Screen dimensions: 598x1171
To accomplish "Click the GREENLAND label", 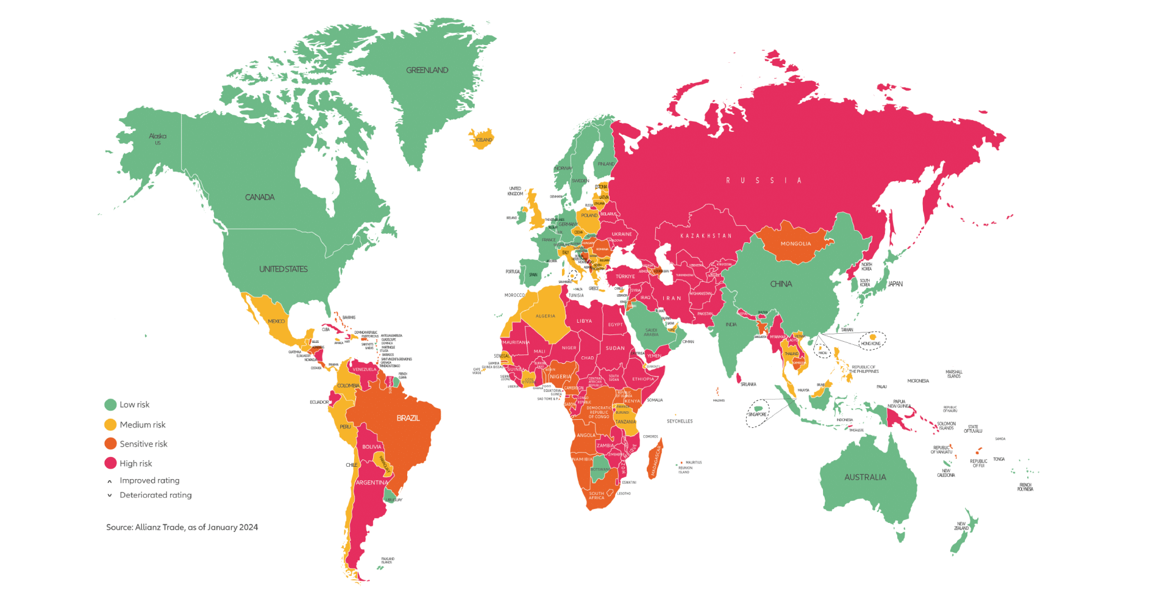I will pos(427,70).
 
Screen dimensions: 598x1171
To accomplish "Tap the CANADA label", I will pos(260,197).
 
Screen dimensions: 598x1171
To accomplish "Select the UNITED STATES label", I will pos(283,269).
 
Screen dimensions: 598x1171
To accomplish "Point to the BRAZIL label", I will pos(408,418).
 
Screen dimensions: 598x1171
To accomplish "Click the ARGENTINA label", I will pos(372,483).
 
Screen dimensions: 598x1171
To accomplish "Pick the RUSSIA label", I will pos(764,181).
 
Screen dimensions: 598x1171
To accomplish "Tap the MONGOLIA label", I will pos(795,243).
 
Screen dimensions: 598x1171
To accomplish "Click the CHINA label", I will pos(781,284).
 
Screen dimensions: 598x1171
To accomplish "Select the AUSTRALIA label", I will pos(865,477).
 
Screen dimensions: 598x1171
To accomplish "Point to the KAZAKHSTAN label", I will pos(706,236).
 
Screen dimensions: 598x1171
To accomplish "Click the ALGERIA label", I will pos(546,316).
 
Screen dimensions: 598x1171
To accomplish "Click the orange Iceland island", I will pos(482,139).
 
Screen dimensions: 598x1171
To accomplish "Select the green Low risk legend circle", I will pos(110,405).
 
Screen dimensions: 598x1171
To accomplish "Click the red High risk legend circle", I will pos(110,463).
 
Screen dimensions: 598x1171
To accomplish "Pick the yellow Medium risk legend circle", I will pos(110,425).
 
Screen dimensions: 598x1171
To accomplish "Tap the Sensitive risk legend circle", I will pos(110,444).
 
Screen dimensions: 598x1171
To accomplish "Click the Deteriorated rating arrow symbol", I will pos(110,495).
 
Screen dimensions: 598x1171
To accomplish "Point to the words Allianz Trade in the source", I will pos(160,527).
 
